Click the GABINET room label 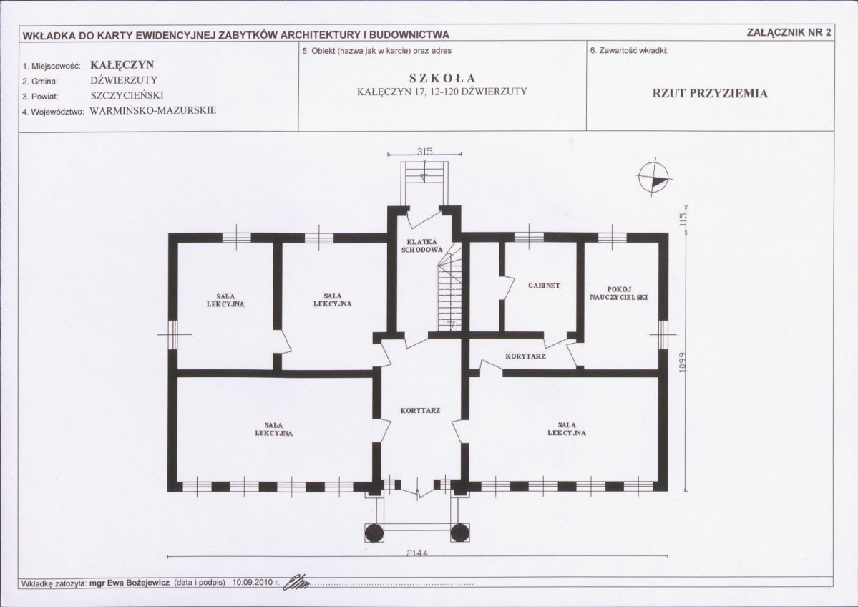(544, 285)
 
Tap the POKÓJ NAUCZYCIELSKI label (619, 293)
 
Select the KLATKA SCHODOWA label (421, 246)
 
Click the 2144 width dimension (417, 553)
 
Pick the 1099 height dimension (682, 361)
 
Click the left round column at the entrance (374, 533)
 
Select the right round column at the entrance (459, 533)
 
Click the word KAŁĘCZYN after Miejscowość (122, 64)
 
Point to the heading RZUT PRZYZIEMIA (710, 93)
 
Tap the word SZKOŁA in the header (442, 78)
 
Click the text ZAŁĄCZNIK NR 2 (789, 32)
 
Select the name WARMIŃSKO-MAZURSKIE (153, 110)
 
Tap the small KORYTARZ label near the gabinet (525, 356)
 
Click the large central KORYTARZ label (420, 410)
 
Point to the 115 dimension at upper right (682, 220)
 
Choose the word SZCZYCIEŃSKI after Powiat (127, 95)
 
